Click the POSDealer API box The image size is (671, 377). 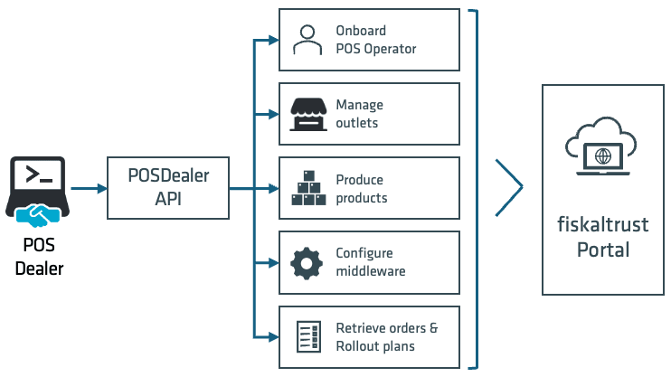167,188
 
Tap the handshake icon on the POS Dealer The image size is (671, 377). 38,215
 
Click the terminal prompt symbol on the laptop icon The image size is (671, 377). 39,174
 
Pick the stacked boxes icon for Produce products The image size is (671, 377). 307,187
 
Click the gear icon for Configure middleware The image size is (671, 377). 307,262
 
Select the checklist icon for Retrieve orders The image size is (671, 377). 307,336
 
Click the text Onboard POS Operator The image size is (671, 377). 375,39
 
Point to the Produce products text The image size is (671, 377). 361,188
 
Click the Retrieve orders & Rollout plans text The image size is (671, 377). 386,336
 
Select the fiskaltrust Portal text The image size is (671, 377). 602,237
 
